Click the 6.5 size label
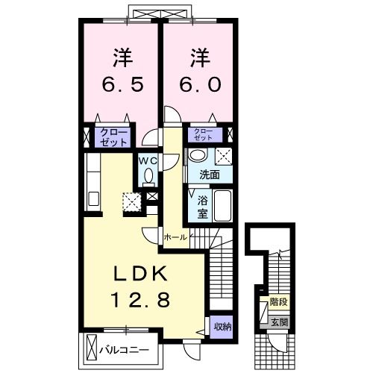tap(122, 85)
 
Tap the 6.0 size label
tap(201, 84)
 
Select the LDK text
tap(140, 273)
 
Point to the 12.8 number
tap(141, 299)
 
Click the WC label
tap(148, 161)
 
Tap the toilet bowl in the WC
tap(148, 175)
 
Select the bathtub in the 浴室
tap(223, 206)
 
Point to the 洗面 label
tap(210, 175)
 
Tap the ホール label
tap(175, 237)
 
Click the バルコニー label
tap(125, 351)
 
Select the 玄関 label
tap(279, 322)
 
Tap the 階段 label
tap(279, 302)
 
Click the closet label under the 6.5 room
tap(113, 137)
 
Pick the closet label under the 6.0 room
tap(204, 134)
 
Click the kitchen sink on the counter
tap(93, 198)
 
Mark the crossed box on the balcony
tap(91, 349)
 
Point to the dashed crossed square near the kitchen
tap(132, 201)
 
